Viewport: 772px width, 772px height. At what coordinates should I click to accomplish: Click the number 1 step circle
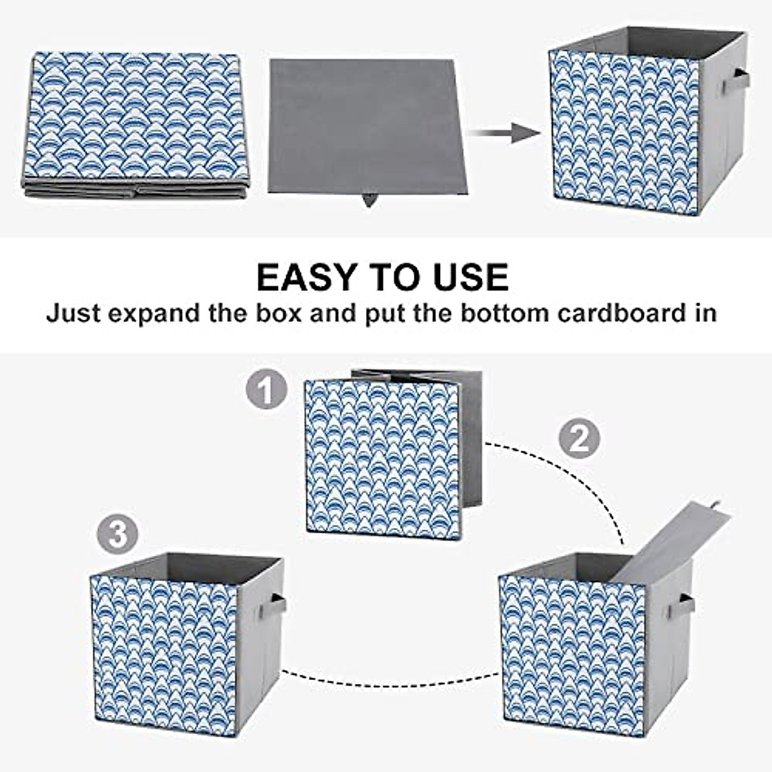point(266,389)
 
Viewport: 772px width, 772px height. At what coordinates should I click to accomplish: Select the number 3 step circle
point(117,534)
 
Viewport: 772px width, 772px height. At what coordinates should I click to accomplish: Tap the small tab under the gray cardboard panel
point(369,200)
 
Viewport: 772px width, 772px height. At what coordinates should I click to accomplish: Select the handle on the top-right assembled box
point(736,82)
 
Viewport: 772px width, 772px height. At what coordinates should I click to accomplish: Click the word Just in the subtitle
point(72,313)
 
